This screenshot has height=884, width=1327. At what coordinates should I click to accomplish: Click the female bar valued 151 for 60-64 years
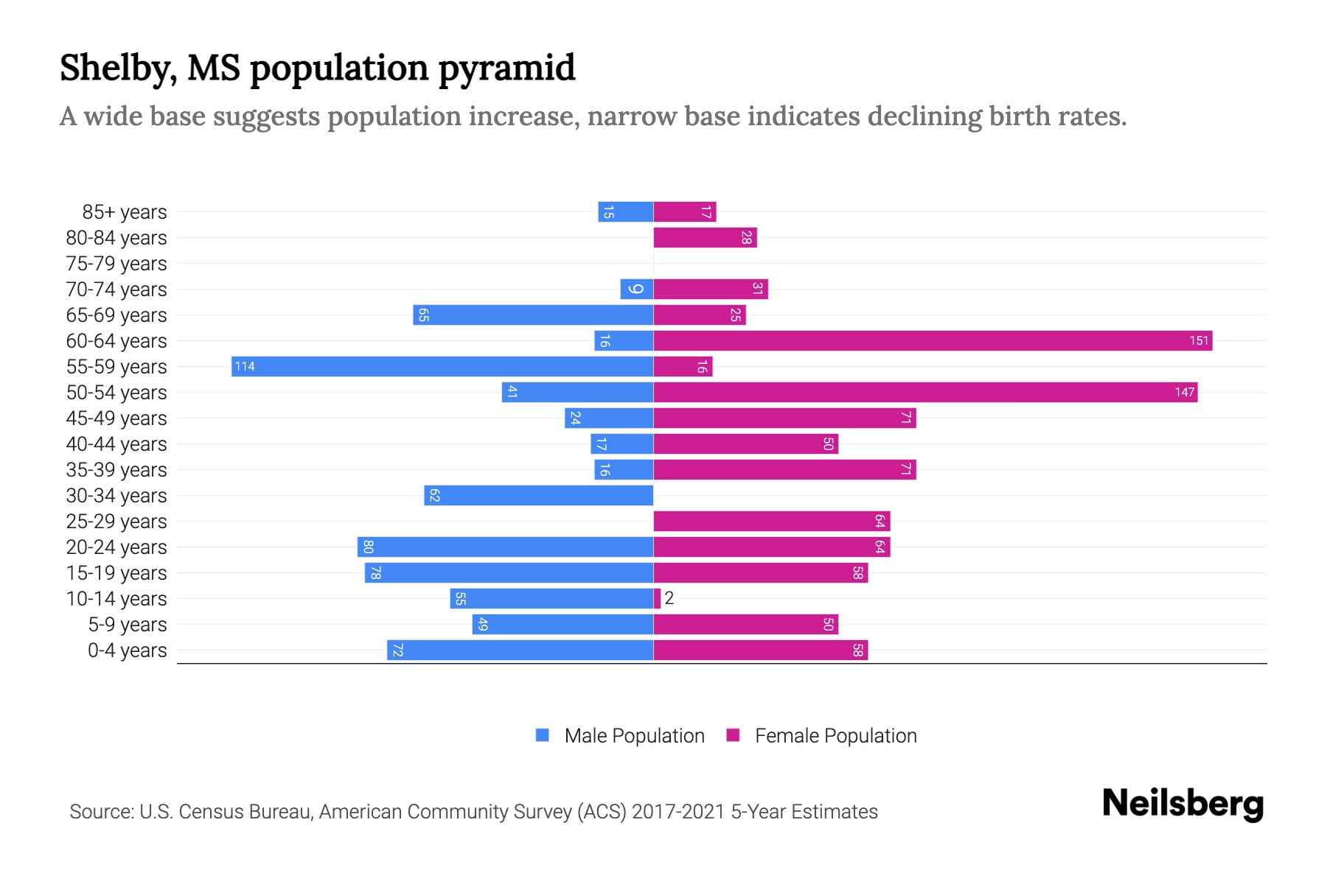pos(933,340)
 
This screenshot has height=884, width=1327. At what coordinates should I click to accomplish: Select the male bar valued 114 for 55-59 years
pos(442,366)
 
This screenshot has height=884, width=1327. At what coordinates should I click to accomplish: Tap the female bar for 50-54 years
pos(925,392)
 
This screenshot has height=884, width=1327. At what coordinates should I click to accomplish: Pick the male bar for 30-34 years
pos(539,495)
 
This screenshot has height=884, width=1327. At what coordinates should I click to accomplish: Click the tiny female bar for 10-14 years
pos(657,598)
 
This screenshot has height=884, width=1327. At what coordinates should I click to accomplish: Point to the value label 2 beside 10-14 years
pos(669,598)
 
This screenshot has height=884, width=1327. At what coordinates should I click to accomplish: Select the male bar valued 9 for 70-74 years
pos(637,289)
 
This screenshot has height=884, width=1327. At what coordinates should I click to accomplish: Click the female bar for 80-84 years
pos(705,237)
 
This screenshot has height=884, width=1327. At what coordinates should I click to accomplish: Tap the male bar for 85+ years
pos(626,211)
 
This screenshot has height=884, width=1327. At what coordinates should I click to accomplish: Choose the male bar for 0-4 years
pos(520,650)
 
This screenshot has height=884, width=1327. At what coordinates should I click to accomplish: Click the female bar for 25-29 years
pos(772,521)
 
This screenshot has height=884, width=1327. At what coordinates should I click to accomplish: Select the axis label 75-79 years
pos(116,263)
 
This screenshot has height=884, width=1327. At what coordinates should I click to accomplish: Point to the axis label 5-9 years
pos(128,624)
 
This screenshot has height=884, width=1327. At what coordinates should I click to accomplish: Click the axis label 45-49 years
pos(116,418)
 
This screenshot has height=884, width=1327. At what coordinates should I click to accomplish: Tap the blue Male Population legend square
pos(543,735)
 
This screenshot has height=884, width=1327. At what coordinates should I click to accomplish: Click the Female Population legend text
pos(835,735)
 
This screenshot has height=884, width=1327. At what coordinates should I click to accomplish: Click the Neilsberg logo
pos(1183,804)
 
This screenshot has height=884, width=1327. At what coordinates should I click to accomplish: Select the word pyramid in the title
pos(506,68)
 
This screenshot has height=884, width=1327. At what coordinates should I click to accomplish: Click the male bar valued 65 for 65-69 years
pos(533,315)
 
